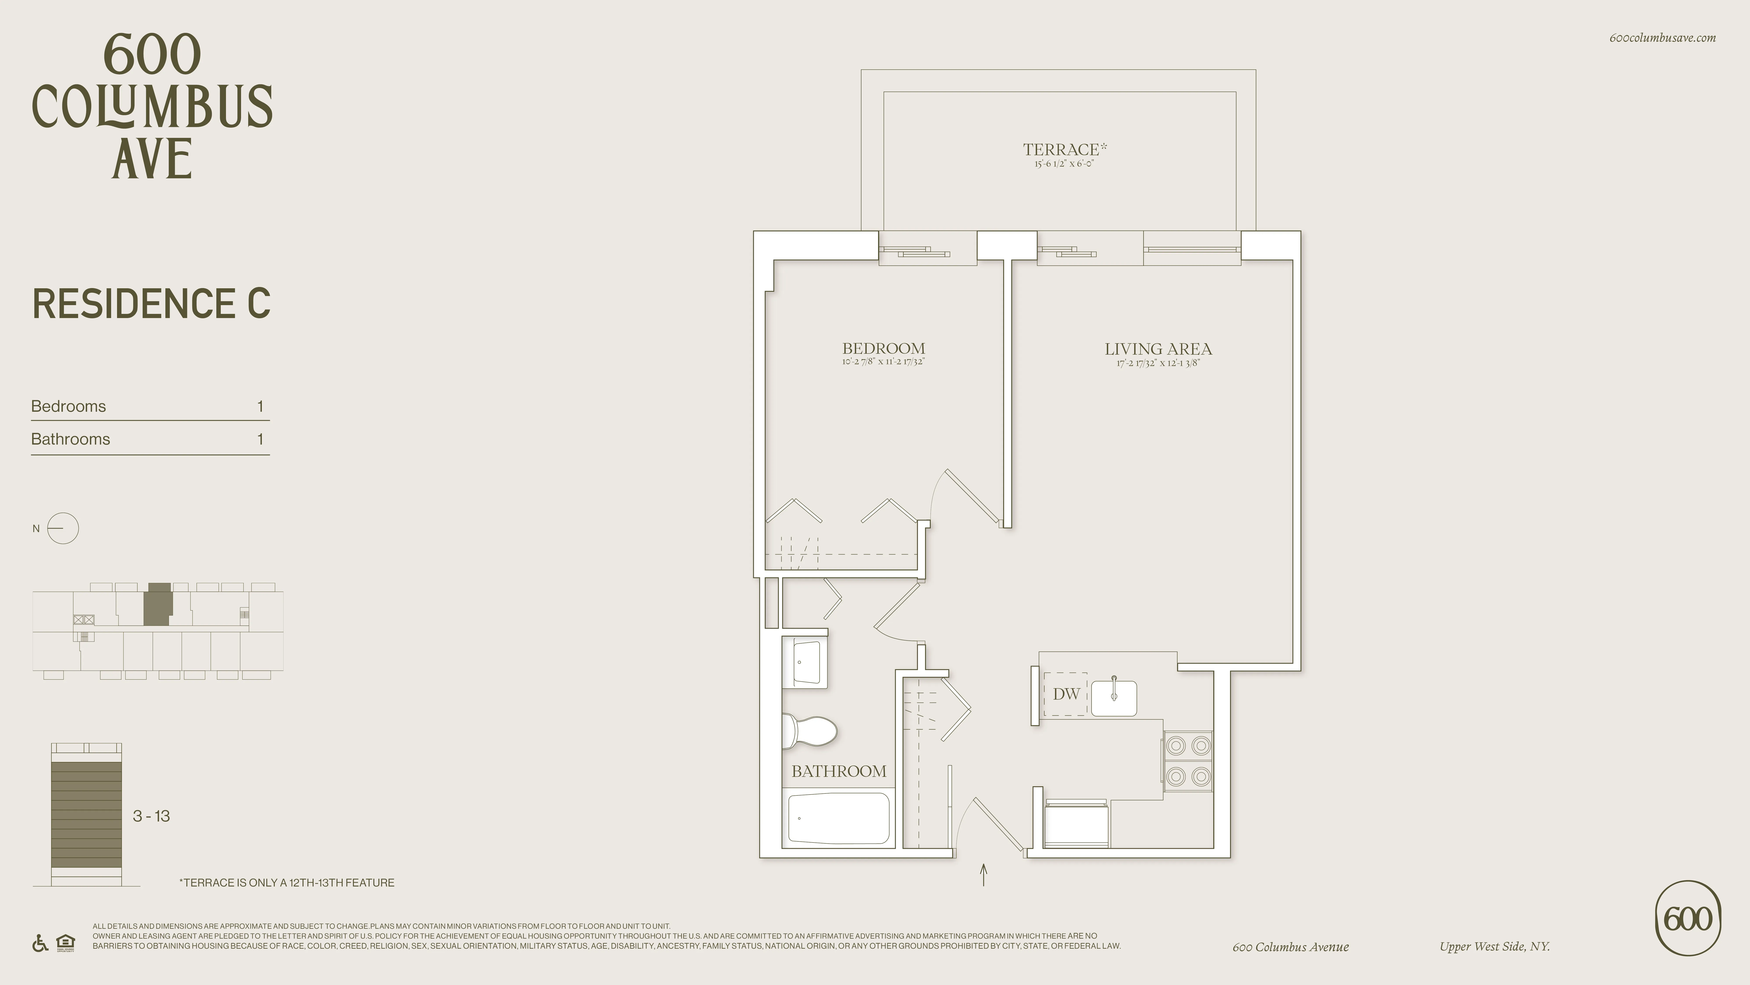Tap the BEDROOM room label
[x=883, y=348]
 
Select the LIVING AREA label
[x=1158, y=349]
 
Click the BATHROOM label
[x=838, y=771]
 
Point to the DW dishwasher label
[x=1066, y=694]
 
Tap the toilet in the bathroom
[x=810, y=731]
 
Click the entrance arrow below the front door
[x=983, y=875]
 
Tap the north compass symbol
[x=63, y=528]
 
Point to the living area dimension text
[x=1158, y=363]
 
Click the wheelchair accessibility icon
[x=40, y=944]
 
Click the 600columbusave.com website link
[x=1662, y=38]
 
